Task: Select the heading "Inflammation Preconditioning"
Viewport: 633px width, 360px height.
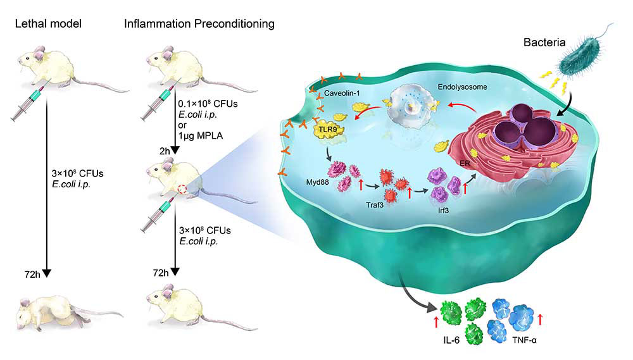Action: click(x=199, y=24)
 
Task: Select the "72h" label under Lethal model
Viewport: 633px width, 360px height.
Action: click(x=32, y=273)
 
